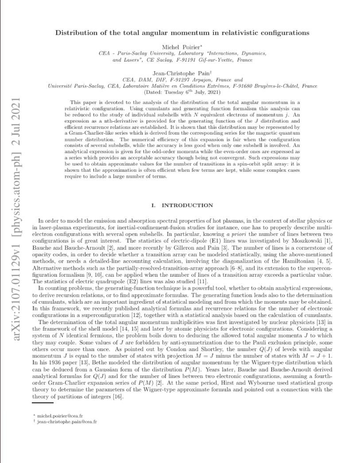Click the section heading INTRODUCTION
187,205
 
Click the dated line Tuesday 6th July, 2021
182,92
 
